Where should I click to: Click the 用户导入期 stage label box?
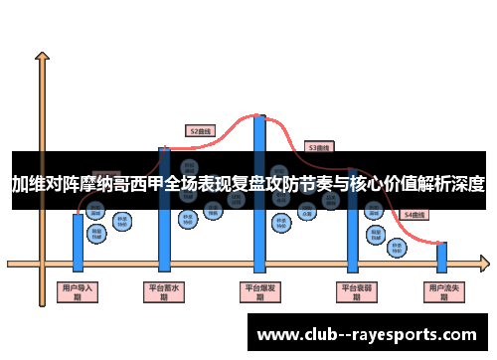(78, 291)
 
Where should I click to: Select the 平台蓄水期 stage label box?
(165, 291)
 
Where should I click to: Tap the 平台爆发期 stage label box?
(260, 291)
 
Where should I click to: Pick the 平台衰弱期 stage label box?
(354, 291)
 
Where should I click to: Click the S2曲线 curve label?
(201, 129)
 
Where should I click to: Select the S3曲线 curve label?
(318, 146)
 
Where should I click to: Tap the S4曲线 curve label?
(414, 215)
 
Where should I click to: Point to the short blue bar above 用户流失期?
(442, 257)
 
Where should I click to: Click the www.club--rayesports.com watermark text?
(367, 335)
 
